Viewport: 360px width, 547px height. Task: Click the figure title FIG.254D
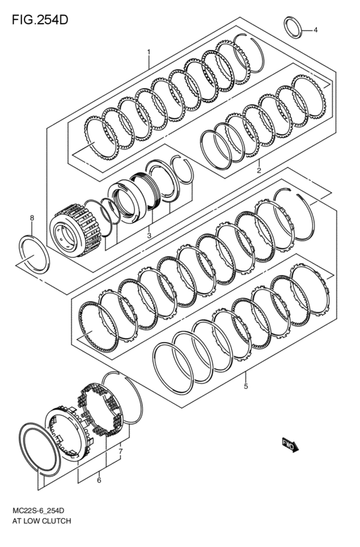click(x=40, y=20)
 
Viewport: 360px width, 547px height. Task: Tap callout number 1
click(x=148, y=52)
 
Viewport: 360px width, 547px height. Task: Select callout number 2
click(x=259, y=170)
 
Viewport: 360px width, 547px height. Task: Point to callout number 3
click(x=149, y=235)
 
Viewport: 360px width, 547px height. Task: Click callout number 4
click(x=316, y=30)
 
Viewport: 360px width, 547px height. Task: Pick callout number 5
click(x=246, y=386)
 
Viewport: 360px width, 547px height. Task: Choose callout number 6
click(x=99, y=480)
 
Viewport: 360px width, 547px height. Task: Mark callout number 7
click(x=120, y=451)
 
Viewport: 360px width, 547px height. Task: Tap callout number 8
click(x=32, y=218)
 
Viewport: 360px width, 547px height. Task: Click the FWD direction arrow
click(x=290, y=445)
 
